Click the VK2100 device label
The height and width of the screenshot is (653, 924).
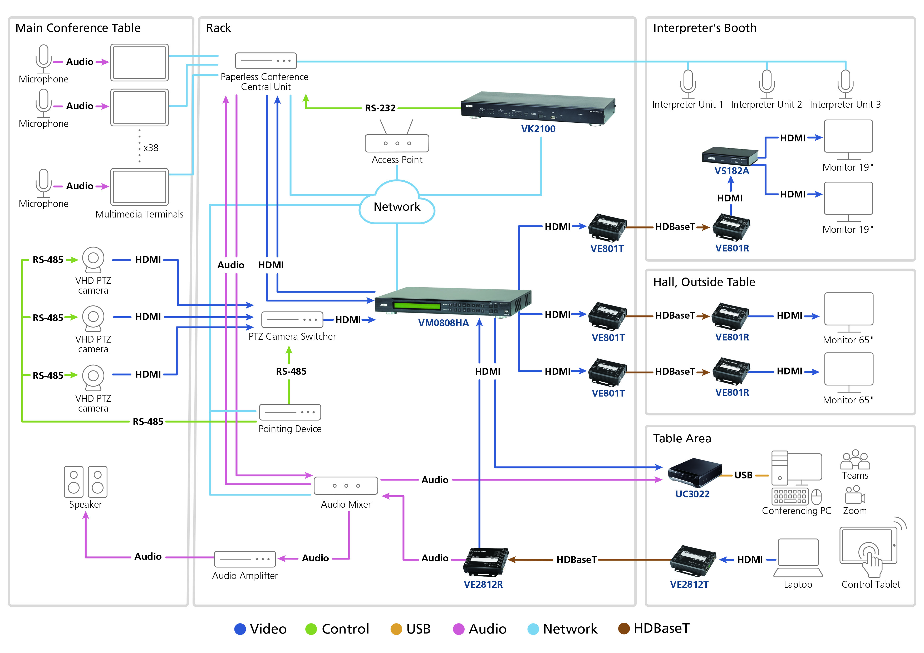[x=538, y=129]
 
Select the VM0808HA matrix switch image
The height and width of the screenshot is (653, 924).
[x=453, y=302]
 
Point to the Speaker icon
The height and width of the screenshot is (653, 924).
[x=85, y=482]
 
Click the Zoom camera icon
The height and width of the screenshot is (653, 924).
[x=855, y=494]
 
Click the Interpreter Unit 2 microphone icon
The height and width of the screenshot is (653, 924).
[x=767, y=84]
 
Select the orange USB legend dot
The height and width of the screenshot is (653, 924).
[x=396, y=629]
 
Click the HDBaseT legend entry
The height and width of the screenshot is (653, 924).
[x=654, y=629]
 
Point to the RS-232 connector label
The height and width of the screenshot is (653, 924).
[x=380, y=108]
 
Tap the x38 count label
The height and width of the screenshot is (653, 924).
[x=151, y=148]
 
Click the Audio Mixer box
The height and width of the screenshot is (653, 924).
[x=346, y=486]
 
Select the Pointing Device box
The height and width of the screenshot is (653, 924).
[x=290, y=412]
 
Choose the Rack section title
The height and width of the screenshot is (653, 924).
[x=219, y=28]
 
